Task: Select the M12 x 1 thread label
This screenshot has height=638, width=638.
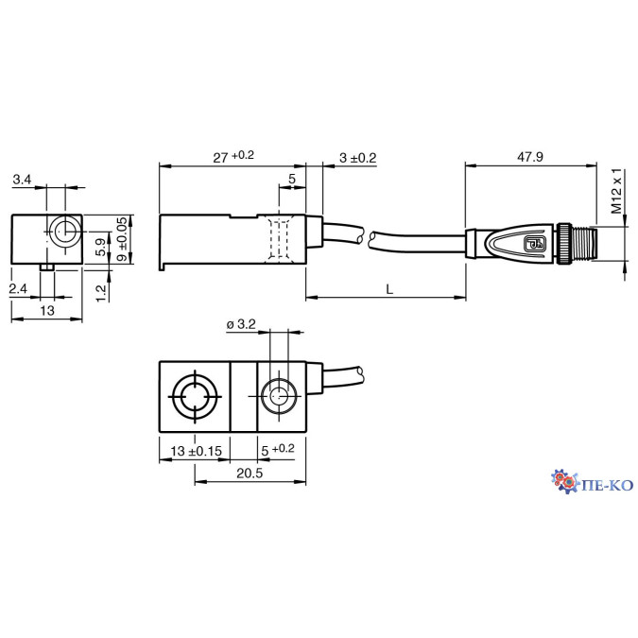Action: [615, 193]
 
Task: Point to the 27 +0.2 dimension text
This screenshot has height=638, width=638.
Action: [233, 158]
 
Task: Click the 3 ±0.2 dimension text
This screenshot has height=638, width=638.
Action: [357, 158]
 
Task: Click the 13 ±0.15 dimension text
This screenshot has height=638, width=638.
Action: [196, 451]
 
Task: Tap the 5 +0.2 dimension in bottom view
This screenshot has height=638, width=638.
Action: [278, 451]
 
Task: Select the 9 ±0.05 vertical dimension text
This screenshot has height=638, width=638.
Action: [121, 239]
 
